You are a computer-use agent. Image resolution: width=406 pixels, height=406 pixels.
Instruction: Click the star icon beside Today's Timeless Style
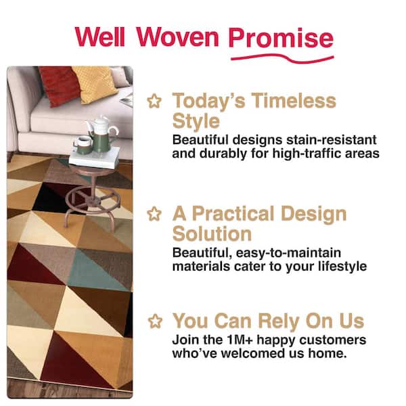tap(155, 101)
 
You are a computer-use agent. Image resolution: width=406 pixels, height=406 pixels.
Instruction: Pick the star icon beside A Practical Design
tap(155, 215)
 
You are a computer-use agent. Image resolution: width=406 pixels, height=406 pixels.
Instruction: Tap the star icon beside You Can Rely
tap(155, 320)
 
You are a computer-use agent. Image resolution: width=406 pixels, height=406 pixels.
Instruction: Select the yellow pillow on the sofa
tap(95, 83)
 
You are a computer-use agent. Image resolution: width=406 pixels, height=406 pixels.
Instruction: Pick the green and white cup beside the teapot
tap(83, 144)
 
